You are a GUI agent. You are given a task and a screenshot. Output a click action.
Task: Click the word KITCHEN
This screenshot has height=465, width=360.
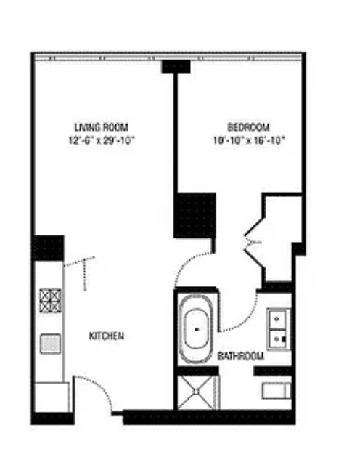pos(106,336)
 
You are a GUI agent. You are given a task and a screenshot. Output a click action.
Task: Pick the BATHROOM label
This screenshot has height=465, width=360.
pos(240,357)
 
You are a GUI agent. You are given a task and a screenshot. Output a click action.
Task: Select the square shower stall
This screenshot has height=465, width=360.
pos(195,393)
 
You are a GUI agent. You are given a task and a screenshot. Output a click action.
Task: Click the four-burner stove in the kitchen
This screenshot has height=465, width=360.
pos(50,299)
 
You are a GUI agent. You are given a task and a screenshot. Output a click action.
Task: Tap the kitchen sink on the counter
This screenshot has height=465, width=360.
pos(50,343)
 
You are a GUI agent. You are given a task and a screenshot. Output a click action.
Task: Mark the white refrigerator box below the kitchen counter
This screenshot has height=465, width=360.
pos(51,397)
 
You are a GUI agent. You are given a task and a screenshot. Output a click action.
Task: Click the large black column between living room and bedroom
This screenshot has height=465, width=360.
pos(194,214)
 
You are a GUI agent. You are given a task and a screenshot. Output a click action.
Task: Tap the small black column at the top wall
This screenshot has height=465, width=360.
pos(176,66)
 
